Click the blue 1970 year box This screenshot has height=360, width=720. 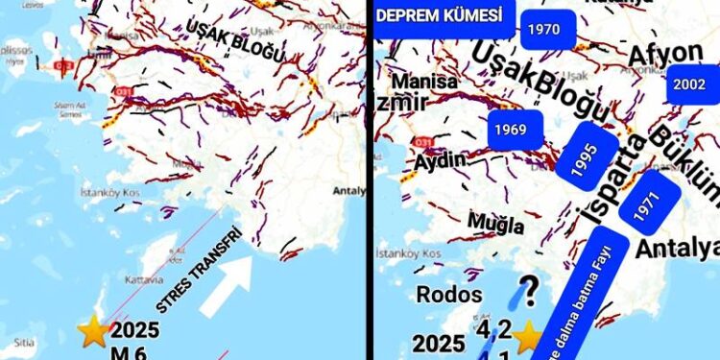[x=543, y=30]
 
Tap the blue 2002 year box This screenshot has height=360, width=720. [x=689, y=84]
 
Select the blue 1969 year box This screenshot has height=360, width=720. [x=511, y=128]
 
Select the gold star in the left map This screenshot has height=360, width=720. [x=93, y=333]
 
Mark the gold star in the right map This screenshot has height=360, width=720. [x=527, y=337]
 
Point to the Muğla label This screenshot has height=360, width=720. [x=495, y=224]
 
